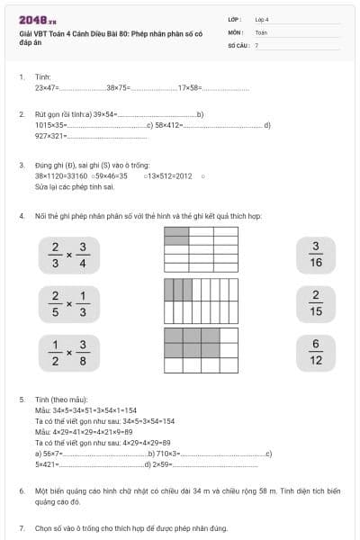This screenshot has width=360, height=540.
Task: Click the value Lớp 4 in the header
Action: pos(262,19)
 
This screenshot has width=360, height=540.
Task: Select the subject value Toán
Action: pos(261,31)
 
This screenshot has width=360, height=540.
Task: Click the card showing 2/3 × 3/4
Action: pos(68,255)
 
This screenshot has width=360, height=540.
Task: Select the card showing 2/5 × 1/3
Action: pos(68,304)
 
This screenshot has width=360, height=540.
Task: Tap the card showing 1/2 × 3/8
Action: pos(68,353)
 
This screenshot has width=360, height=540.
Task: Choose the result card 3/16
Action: pos(315,255)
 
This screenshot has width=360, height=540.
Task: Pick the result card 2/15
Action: pos(315,304)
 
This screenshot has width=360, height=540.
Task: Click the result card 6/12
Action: pos(315,353)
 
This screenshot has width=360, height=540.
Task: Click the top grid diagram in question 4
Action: pos(201,248)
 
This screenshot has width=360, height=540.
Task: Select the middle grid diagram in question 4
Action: pos(201,301)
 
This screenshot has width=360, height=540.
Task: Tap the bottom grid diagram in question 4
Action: pos(201,350)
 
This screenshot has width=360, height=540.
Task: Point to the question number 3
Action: pos(22,165)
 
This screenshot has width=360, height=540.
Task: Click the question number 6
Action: pos(22,491)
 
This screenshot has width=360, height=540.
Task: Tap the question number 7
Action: pos(22,527)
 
